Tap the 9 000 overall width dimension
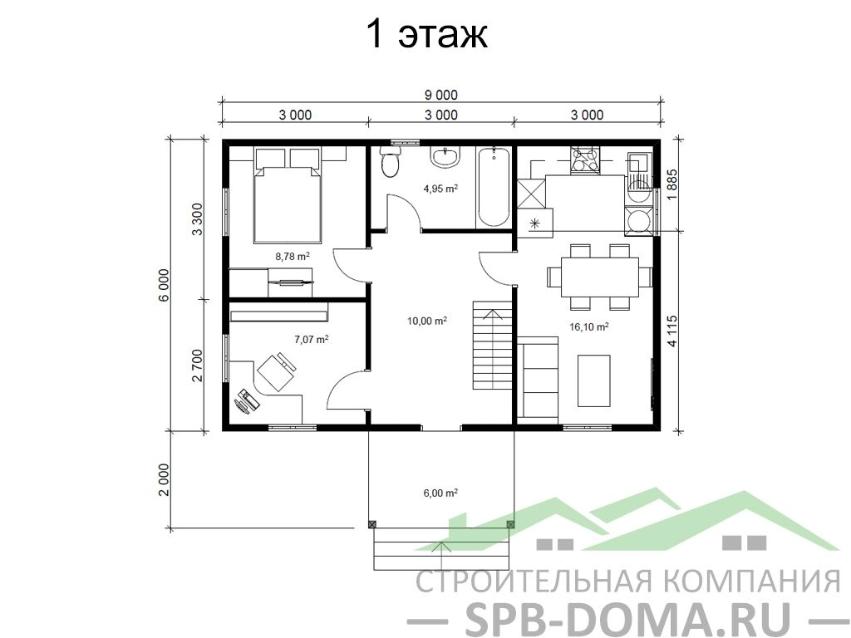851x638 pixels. pos(440,96)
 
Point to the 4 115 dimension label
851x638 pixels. pos(672,331)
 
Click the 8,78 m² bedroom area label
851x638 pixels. pos(293,257)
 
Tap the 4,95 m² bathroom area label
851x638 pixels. pos(440,189)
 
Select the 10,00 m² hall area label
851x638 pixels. pos(427,321)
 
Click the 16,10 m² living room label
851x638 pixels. pos(589,326)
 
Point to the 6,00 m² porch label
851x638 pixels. pos(440,493)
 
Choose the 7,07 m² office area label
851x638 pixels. pos(312,340)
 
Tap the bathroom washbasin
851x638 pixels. pos(445,156)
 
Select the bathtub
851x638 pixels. pos(494,187)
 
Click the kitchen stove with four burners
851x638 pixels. pos(585,160)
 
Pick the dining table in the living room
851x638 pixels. pos(599,277)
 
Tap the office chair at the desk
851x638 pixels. pos(277,371)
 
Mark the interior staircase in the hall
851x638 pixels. pos(493,346)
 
